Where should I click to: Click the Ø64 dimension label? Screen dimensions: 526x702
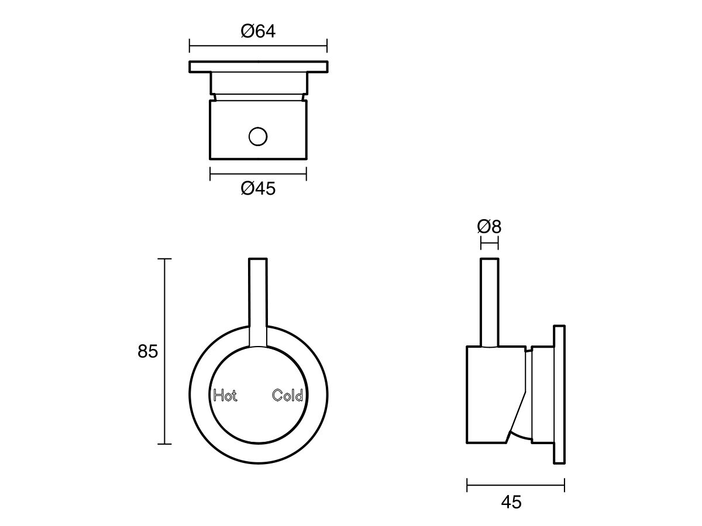click(x=258, y=31)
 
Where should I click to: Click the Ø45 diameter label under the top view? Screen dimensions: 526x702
click(x=258, y=189)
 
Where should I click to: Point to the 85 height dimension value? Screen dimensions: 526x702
click(x=148, y=351)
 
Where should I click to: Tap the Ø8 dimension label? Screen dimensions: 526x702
click(x=490, y=226)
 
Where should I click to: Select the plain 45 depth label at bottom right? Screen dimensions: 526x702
click(x=511, y=501)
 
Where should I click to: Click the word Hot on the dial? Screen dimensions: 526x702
click(x=225, y=396)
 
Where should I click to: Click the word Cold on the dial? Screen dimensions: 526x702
click(x=288, y=396)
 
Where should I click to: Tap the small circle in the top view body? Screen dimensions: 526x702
click(x=258, y=137)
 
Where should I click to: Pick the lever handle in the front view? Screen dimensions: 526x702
click(x=258, y=298)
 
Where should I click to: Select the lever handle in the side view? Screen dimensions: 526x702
click(x=490, y=301)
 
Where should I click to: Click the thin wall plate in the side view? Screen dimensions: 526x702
click(x=559, y=394)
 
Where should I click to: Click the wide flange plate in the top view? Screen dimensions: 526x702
click(x=258, y=67)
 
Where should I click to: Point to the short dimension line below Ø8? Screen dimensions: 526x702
click(x=490, y=241)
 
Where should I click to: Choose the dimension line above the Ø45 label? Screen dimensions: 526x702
click(x=258, y=173)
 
